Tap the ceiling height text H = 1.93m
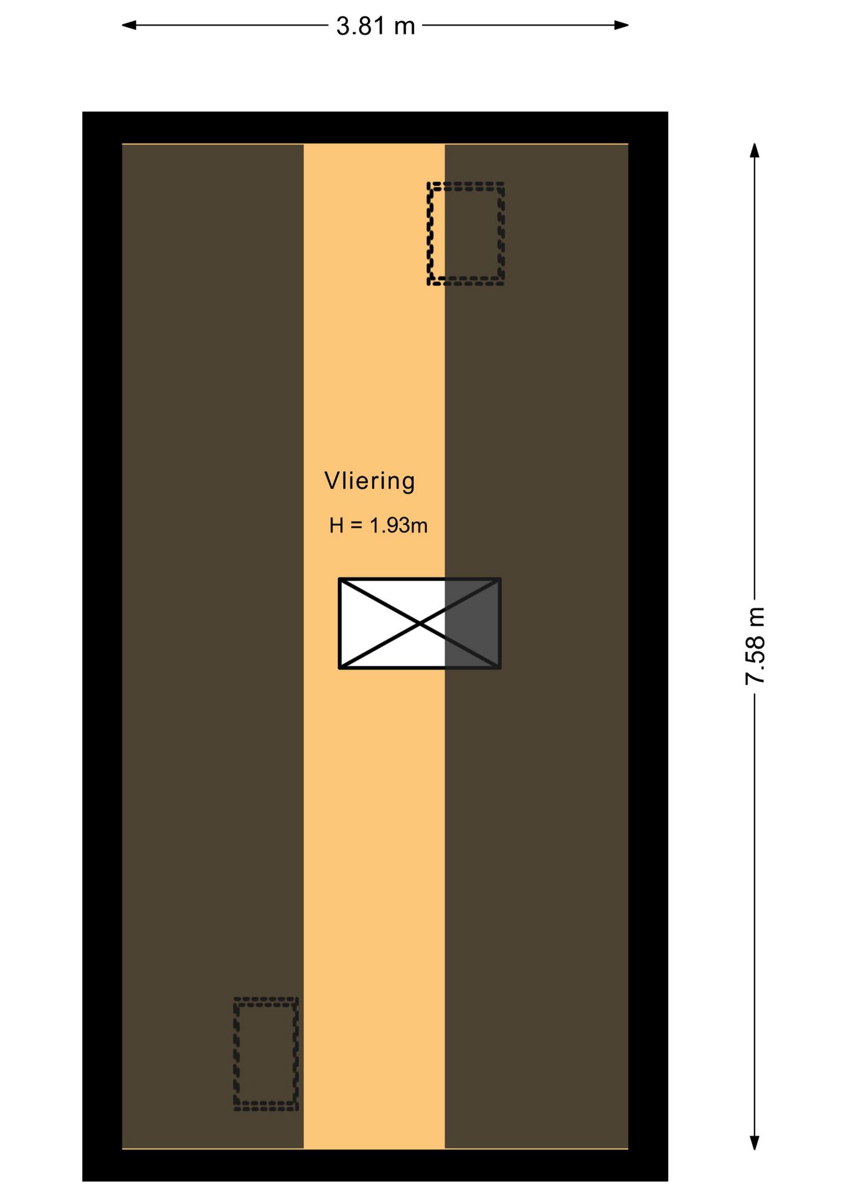click(378, 526)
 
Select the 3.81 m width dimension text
click(375, 26)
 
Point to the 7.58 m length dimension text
click(755, 646)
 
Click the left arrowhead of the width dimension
click(128, 25)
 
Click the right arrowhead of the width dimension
click(621, 25)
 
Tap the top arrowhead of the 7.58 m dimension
click(755, 150)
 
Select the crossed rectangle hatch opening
click(420, 623)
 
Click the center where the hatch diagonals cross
click(420, 623)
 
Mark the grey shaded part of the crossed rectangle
click(472, 623)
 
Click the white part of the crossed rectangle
click(392, 623)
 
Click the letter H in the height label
click(337, 526)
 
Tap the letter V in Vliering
click(332, 481)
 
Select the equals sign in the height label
click(356, 526)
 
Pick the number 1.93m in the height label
click(399, 526)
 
